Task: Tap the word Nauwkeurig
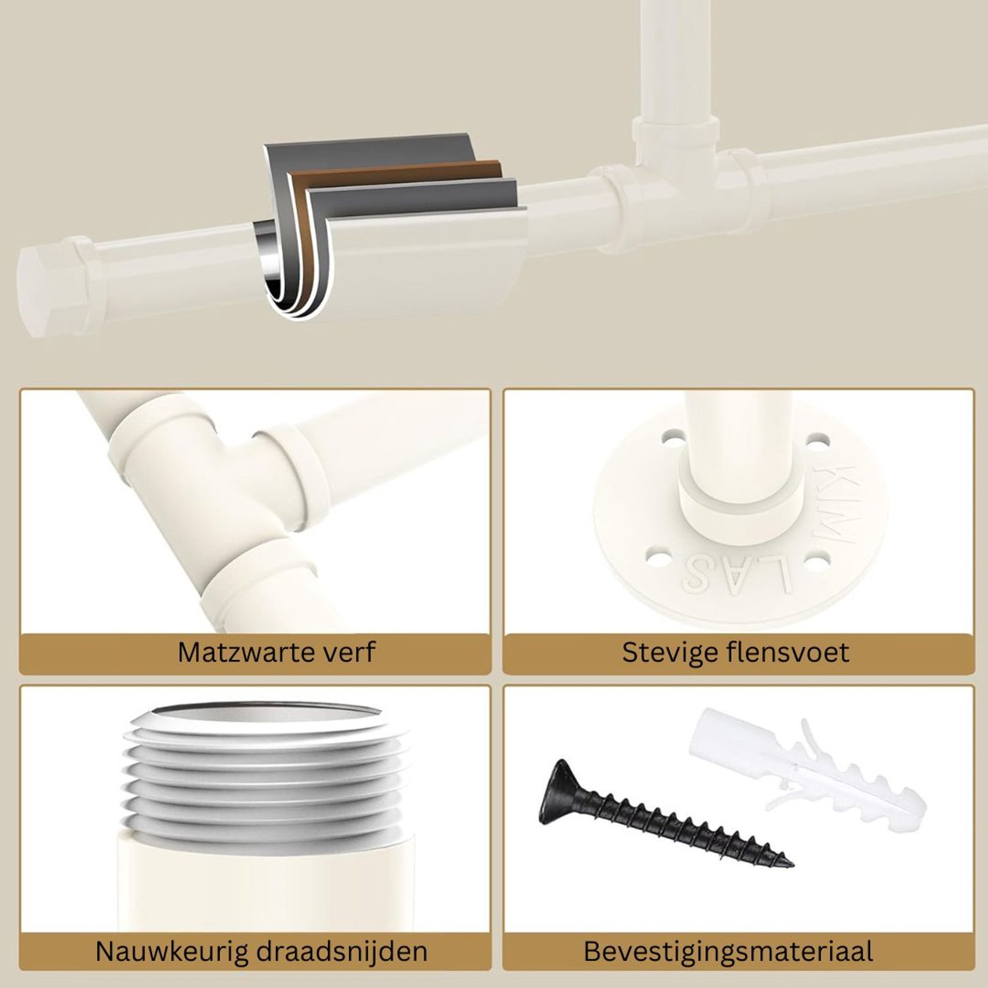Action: pos(170,952)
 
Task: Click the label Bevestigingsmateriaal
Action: pos(728,952)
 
